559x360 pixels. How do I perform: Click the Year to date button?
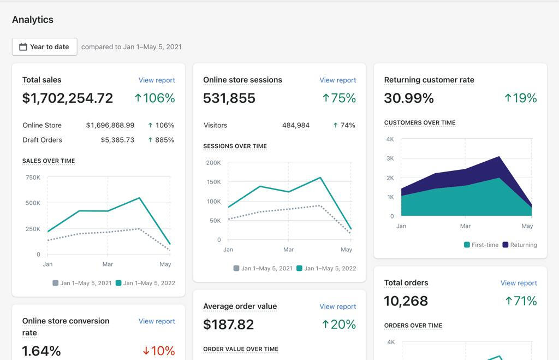45,47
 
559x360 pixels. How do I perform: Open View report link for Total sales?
157,80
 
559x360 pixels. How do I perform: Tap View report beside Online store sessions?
337,80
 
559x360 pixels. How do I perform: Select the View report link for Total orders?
519,283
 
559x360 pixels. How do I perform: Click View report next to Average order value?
337,306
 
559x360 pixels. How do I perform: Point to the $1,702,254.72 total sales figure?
68,98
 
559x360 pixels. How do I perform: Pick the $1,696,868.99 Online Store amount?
110,125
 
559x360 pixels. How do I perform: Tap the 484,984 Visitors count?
296,125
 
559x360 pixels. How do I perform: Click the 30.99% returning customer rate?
409,98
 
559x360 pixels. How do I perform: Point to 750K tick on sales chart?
33,178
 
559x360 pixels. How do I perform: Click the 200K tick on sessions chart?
213,163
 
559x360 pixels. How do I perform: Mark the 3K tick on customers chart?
390,158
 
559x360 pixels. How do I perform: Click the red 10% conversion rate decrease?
159,351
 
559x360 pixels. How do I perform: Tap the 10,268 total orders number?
406,301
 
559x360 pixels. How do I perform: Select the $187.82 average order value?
228,324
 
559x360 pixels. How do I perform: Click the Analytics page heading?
33,20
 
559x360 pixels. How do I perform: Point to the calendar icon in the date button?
23,47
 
